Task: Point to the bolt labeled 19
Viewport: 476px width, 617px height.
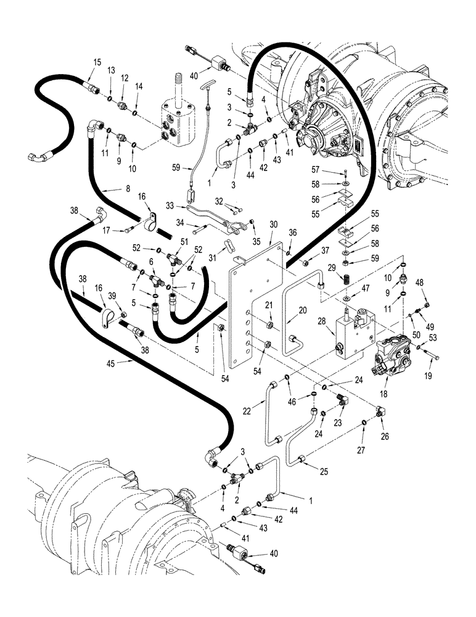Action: pyautogui.click(x=430, y=356)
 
